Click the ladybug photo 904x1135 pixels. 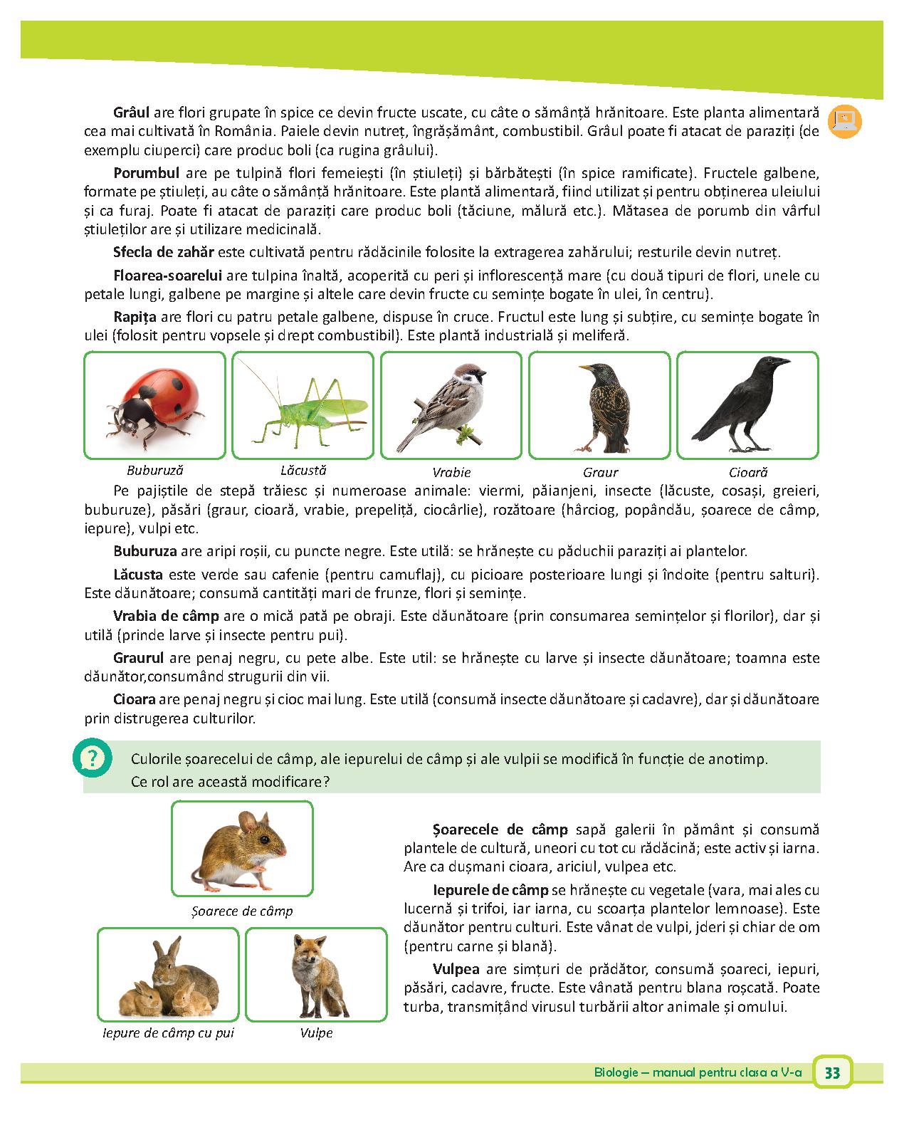point(154,405)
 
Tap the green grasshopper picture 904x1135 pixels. point(303,405)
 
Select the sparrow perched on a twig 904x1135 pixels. point(451,405)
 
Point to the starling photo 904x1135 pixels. point(599,405)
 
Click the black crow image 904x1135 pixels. point(747,405)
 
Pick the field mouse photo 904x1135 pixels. point(242,848)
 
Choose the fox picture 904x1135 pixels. point(316,974)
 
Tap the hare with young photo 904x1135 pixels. point(168,974)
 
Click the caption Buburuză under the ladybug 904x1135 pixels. point(154,470)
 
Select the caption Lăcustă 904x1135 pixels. point(303,470)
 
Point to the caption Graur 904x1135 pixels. point(600,472)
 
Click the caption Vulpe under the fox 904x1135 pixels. point(316,1032)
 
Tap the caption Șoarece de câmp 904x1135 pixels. point(242,911)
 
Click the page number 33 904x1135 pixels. point(832,1073)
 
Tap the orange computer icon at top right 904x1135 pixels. point(845,122)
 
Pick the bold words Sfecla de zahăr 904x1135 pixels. point(164,252)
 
